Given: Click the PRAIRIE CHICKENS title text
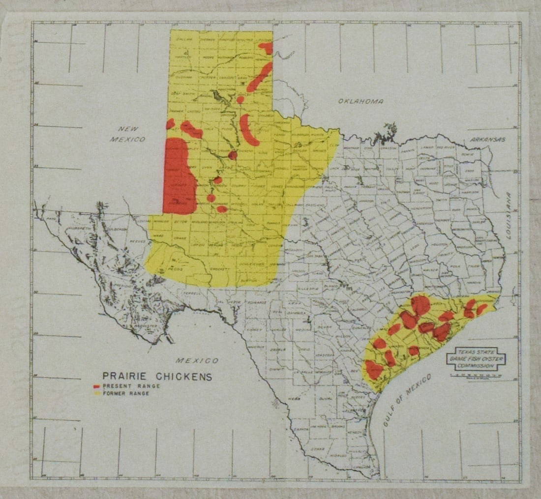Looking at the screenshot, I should [157, 377].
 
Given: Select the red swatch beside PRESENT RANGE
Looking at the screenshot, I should [96, 386].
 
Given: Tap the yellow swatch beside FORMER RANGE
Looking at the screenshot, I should [96, 394].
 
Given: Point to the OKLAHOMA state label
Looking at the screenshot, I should [361, 101].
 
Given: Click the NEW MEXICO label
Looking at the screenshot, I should [127, 134].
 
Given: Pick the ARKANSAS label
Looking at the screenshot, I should [487, 140].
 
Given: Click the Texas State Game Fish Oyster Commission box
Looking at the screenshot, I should [476, 359].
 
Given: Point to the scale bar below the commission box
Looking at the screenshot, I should [476, 375].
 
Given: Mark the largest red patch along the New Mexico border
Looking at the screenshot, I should [179, 176].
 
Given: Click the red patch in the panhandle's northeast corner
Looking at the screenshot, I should [266, 48].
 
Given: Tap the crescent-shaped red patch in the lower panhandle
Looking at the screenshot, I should [248, 130].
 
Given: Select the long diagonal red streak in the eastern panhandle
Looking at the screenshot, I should [259, 77].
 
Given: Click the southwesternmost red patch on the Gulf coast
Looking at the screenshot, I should [374, 369].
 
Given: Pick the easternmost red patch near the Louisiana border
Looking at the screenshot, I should [482, 309].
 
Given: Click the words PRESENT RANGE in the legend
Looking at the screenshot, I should [131, 386].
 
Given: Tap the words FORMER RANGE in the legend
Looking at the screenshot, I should [126, 394].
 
